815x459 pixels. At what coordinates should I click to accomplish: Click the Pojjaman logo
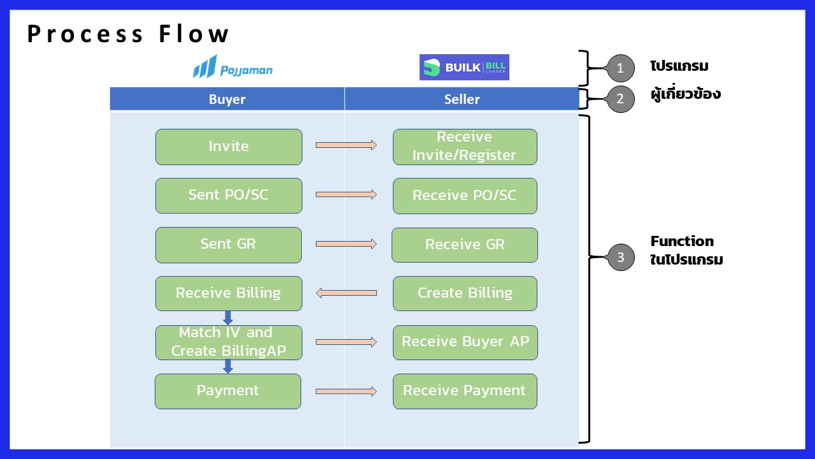pos(232,67)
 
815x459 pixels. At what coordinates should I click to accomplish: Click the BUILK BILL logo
pos(464,67)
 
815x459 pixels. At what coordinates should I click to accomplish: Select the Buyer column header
pos(227,99)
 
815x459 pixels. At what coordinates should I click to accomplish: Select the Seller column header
pos(462,99)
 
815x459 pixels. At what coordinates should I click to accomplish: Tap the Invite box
pos(229,147)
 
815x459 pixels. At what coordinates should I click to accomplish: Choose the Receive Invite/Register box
pos(464,147)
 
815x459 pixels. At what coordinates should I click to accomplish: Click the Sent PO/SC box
pos(229,195)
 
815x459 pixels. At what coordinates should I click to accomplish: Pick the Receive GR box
pos(464,245)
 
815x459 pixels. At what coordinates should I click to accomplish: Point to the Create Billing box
pos(464,293)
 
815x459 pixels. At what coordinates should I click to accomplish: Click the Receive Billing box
pos(229,293)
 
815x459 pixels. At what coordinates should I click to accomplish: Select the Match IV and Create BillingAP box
pos(229,342)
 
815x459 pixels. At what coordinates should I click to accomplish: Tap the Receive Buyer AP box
pos(464,342)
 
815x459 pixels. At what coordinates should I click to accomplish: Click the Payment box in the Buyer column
pos(227,391)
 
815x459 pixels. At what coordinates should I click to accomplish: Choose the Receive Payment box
pos(464,391)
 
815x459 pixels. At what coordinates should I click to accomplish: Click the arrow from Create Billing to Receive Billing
pos(346,293)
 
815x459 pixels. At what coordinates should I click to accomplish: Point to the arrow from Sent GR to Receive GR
pos(346,244)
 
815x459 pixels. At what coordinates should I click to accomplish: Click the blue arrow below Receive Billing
pos(228,317)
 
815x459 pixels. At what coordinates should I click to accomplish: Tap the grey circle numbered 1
pos(620,68)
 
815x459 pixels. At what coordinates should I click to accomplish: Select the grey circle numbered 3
pos(620,258)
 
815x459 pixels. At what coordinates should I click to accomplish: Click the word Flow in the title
pos(194,34)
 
